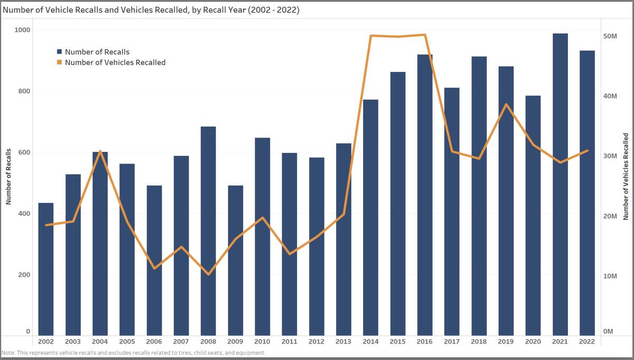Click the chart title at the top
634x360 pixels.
click(151, 10)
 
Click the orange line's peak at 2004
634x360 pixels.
click(100, 151)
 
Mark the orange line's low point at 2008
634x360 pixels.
click(208, 274)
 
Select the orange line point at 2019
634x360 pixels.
click(506, 104)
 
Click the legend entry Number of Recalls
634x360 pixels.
click(97, 52)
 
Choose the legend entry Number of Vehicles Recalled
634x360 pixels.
click(115, 62)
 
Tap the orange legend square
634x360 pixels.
click(60, 62)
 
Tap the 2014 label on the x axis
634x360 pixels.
click(370, 341)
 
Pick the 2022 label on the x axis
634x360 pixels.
click(586, 341)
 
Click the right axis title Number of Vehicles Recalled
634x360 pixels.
click(626, 177)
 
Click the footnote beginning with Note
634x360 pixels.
click(133, 353)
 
